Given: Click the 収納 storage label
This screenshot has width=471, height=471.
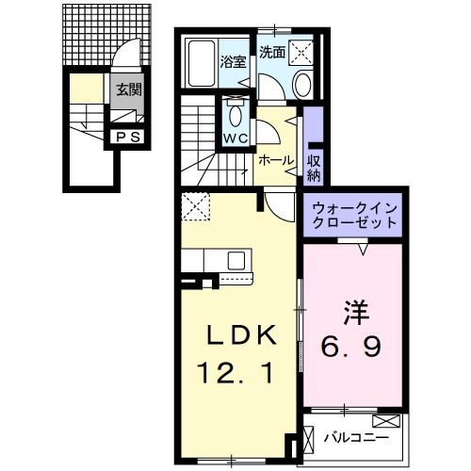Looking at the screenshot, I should coord(314,168).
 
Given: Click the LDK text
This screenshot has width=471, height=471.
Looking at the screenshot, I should coord(241,334).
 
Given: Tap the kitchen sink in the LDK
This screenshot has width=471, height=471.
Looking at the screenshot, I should coord(235,260).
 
